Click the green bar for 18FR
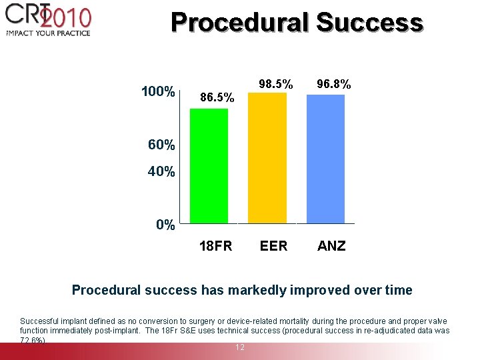[209, 165]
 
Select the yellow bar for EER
[267, 157]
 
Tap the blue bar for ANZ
[325, 159]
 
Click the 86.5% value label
[217, 98]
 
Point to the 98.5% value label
[275, 84]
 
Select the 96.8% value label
[334, 84]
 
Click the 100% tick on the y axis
[158, 91]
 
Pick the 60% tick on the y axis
[161, 145]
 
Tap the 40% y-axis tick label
[161, 171]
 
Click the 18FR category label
[216, 246]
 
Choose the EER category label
[273, 246]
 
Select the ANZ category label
[331, 246]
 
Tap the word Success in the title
[369, 23]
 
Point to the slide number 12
[239, 347]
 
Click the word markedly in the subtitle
[257, 291]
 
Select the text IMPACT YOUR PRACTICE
[47, 33]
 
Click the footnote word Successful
[39, 321]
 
